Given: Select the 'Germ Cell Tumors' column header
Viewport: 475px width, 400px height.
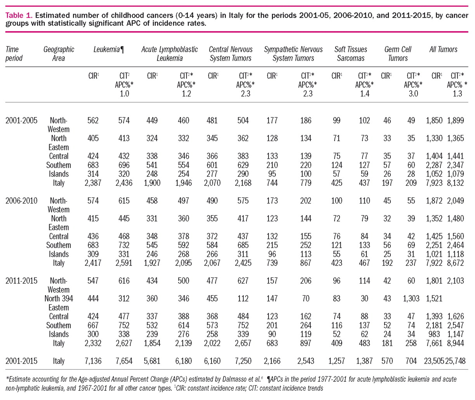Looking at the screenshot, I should coord(398,54).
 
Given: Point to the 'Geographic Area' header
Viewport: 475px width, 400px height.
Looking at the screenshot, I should coord(59,54).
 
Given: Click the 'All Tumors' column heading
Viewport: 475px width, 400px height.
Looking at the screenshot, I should coord(443,50).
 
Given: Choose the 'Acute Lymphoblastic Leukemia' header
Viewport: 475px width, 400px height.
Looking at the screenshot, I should coord(169,54).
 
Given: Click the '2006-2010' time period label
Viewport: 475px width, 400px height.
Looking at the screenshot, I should coord(21,201).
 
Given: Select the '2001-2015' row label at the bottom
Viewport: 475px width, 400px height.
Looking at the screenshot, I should coord(21,361).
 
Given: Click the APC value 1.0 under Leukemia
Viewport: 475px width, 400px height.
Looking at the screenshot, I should coord(124,94).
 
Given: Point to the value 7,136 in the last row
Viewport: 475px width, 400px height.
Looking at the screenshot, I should coord(93,361).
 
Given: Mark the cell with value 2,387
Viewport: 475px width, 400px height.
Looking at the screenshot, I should coord(93,183).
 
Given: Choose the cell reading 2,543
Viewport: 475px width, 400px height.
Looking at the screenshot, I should coord(306,361).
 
